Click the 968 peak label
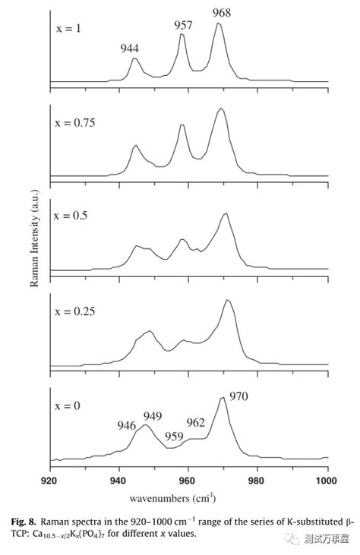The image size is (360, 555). coord(222,13)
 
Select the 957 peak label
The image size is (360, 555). coord(183,25)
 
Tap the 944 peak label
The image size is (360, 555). coord(129,48)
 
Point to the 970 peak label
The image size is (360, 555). coord(238,396)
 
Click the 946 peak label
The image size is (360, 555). coord(126,425)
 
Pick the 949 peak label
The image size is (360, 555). coord(153,416)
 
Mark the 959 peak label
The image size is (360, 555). coord(174,436)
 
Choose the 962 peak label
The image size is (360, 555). coord(195,422)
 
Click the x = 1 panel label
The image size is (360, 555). coord(68,28)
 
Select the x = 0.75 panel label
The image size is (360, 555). coord(75,123)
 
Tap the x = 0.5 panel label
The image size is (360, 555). coord(71,216)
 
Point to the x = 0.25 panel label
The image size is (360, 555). coord(75,311)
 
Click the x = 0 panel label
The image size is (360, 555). coord(68,405)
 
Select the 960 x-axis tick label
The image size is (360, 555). coord(188,481)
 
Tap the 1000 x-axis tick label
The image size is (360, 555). coord(327,481)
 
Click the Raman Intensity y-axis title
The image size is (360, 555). coord(34,238)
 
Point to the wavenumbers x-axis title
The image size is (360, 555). coord(172,498)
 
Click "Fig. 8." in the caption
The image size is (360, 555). coord(24,522)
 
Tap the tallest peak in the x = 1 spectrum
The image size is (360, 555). coord(219,24)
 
